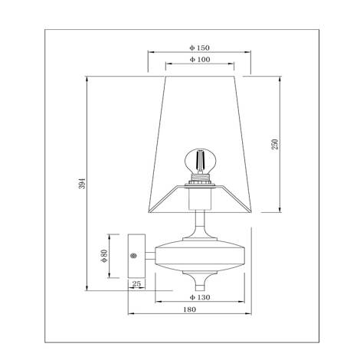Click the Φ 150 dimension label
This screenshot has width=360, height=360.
pos(199,47)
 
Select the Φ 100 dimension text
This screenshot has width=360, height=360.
pos(200,60)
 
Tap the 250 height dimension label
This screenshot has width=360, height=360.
pos(275,144)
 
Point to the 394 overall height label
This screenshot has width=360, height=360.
pos(82,183)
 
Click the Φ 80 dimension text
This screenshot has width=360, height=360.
pos(104,256)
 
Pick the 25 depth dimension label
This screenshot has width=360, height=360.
pos(136,283)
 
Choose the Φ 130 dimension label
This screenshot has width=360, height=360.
pos(200,297)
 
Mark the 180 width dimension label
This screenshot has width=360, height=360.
pos(190,309)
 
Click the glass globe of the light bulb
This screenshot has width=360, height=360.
pos(201,160)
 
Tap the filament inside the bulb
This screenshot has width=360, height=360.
pos(200,160)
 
